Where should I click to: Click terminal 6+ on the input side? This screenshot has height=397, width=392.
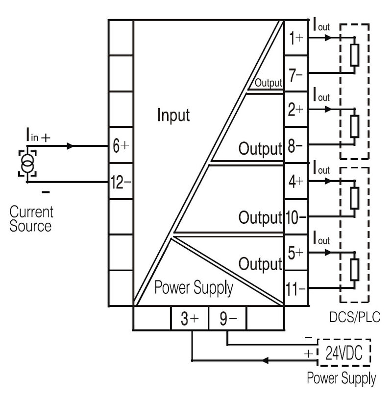pyautogui.click(x=120, y=146)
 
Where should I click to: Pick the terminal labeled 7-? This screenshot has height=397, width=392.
pyautogui.click(x=295, y=75)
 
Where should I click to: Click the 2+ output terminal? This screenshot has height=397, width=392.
pyautogui.click(x=295, y=110)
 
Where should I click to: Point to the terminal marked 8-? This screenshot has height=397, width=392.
pyautogui.click(x=295, y=146)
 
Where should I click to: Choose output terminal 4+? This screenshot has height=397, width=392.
pyautogui.click(x=295, y=182)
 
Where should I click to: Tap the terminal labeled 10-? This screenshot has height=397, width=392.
pyautogui.click(x=295, y=217)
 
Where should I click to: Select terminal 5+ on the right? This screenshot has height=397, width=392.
pyautogui.click(x=295, y=253)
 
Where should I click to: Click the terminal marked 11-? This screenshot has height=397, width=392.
pyautogui.click(x=295, y=289)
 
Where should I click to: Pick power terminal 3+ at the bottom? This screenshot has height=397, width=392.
pyautogui.click(x=189, y=319)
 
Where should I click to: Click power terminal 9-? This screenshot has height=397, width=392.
pyautogui.click(x=227, y=319)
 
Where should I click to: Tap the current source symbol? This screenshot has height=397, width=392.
pyautogui.click(x=26, y=163)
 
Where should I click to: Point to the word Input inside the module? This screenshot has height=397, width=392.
pyautogui.click(x=173, y=116)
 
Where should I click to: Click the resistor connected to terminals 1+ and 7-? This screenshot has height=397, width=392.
pyautogui.click(x=354, y=55)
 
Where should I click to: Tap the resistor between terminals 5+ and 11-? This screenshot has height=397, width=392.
pyautogui.click(x=354, y=269)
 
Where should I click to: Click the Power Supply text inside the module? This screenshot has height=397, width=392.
pyautogui.click(x=194, y=288)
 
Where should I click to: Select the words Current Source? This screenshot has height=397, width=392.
pyautogui.click(x=30, y=219)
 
